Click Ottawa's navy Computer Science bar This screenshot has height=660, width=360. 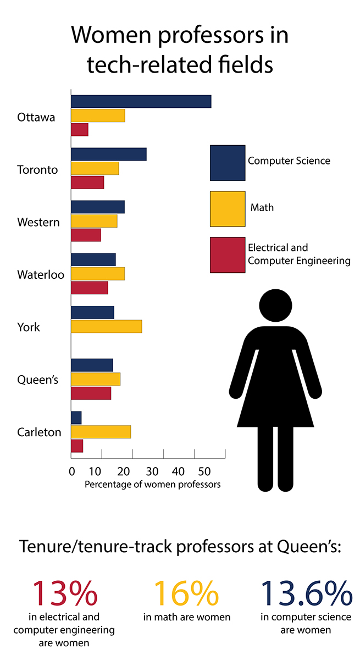click(141, 101)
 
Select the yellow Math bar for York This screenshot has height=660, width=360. click(106, 326)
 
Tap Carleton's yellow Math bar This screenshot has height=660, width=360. click(101, 432)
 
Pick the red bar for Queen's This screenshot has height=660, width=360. click(91, 393)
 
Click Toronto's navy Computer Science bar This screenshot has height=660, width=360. click(108, 154)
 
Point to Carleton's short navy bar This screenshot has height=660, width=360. click(76, 418)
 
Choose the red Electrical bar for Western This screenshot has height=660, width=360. click(86, 235)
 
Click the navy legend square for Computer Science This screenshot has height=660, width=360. click(228, 163)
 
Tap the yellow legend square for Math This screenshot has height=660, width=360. click(228, 209)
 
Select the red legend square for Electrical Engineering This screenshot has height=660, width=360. click(228, 255)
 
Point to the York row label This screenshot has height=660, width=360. click(29, 327)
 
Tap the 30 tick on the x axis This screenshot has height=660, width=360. click(152, 471)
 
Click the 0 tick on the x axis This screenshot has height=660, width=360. click(72, 471)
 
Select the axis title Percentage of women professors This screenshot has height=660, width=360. click(152, 485)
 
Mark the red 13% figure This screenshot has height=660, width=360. click(65, 593)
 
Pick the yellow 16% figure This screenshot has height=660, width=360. click(186, 593)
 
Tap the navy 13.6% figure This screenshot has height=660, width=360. click(306, 593)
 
